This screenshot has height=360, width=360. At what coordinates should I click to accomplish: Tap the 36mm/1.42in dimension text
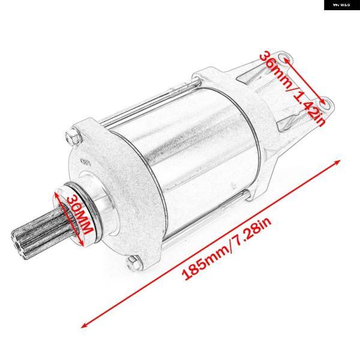coord(293,88)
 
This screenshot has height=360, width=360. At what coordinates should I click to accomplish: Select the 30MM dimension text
coord(80,214)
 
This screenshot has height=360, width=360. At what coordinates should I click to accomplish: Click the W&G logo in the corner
coord(342,5)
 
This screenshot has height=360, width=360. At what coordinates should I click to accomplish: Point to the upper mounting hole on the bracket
coord(284,58)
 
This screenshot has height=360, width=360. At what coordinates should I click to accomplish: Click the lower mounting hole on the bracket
coord(326,104)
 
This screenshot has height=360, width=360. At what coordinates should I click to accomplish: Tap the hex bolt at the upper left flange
coord(73,136)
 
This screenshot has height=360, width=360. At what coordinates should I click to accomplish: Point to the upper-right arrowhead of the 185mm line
coord(337,163)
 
